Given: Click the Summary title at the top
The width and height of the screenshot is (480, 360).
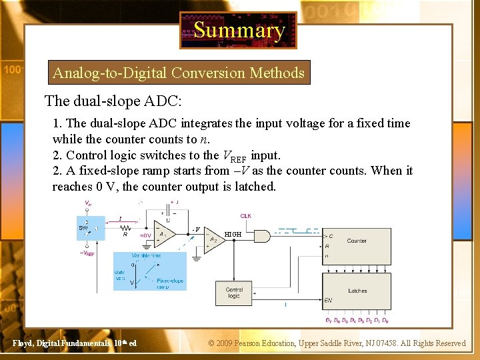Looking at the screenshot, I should click(238, 30).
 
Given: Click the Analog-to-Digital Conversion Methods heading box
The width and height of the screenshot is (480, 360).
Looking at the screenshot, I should click(179, 73).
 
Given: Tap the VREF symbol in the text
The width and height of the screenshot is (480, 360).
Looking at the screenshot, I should click(234, 156).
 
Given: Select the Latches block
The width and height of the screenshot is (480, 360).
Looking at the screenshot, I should click(356, 291).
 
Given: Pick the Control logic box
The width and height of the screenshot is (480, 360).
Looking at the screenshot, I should click(234, 293).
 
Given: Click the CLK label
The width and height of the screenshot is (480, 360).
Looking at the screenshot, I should click(246, 216).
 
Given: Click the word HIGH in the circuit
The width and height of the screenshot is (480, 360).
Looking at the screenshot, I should click(233, 235).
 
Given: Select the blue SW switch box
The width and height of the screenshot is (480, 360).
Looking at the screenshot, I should click(91, 229).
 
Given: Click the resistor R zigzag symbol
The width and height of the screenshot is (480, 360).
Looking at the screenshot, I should click(125, 227).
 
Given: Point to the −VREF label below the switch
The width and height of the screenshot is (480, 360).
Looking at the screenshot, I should click(87, 253).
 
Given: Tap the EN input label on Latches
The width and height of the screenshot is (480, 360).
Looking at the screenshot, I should click(328, 301).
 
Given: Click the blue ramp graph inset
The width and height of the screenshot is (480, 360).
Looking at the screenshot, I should click(149, 271).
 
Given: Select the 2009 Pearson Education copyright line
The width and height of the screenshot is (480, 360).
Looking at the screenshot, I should click(337, 343).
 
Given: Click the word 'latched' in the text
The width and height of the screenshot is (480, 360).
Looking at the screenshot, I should click(254, 187).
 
